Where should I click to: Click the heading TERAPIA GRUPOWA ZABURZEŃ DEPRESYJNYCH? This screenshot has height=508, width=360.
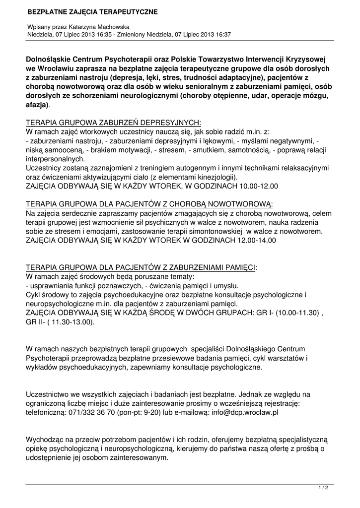click(113, 123)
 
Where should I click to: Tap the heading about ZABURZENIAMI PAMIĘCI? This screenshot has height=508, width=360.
click(142, 267)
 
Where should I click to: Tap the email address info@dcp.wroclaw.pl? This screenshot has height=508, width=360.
click(243, 412)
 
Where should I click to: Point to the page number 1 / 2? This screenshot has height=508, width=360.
click(323, 488)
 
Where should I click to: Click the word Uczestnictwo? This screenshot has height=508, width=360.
click(48, 394)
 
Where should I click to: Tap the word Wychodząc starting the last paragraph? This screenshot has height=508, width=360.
click(48, 440)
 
